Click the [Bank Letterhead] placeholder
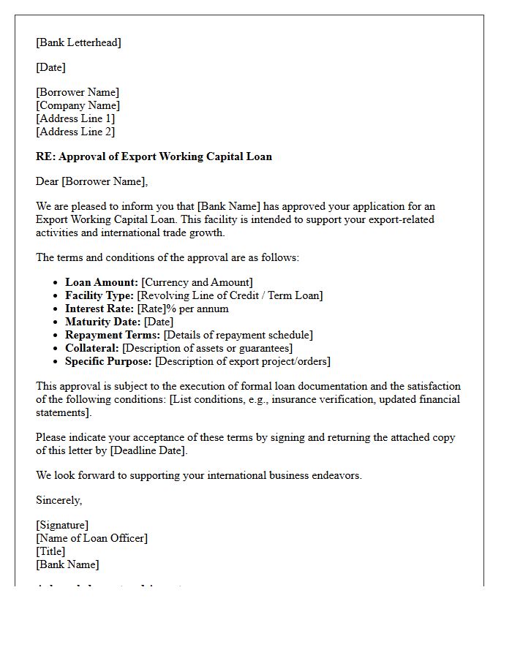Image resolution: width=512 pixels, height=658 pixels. pyautogui.click(x=79, y=42)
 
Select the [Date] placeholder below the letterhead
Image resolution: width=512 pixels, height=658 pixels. pyautogui.click(x=50, y=67)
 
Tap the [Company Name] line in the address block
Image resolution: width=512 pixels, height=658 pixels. pyautogui.click(x=78, y=105)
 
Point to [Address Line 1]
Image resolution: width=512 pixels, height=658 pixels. pyautogui.click(x=75, y=118)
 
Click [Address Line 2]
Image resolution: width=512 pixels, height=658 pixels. pyautogui.click(x=75, y=132)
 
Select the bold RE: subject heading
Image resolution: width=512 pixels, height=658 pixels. pyautogui.click(x=154, y=156)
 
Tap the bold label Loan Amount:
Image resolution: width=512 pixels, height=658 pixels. pyautogui.click(x=102, y=282)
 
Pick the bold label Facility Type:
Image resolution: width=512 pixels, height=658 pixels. pyautogui.click(x=99, y=295)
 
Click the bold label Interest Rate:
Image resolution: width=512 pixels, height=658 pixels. pyautogui.click(x=99, y=309)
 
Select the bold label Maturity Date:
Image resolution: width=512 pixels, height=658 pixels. pyautogui.click(x=103, y=322)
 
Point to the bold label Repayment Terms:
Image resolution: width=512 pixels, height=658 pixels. pyautogui.click(x=113, y=335)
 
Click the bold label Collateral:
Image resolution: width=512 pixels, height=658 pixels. pyautogui.click(x=92, y=348)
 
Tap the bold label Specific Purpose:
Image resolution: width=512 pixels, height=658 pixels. pyautogui.click(x=108, y=361)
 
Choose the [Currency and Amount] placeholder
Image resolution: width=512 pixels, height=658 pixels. pyautogui.click(x=197, y=282)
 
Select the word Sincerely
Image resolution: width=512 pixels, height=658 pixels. pyautogui.click(x=59, y=500)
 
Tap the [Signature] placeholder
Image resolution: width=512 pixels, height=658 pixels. pyautogui.click(x=62, y=525)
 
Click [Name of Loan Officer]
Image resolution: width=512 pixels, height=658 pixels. pyautogui.click(x=91, y=538)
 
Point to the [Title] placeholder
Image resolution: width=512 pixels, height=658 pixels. pyautogui.click(x=50, y=551)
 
